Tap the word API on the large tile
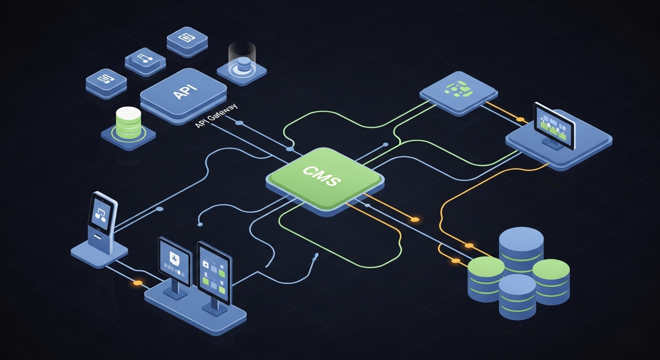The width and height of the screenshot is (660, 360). [x=185, y=91]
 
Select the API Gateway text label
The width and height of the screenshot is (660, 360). [x=216, y=116]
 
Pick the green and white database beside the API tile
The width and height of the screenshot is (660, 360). [x=128, y=123]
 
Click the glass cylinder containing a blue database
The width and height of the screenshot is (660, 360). [x=242, y=59]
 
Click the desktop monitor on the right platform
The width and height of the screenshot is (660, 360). [x=555, y=123]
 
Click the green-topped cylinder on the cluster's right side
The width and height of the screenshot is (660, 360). [x=551, y=281]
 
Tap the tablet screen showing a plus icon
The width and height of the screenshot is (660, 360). [x=175, y=260]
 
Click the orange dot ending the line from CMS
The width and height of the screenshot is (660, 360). [x=414, y=219]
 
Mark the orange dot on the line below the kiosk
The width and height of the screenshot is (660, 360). [x=137, y=283]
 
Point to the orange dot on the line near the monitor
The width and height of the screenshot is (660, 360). [x=520, y=120]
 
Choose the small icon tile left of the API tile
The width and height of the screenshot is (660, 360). [x=106, y=81]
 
